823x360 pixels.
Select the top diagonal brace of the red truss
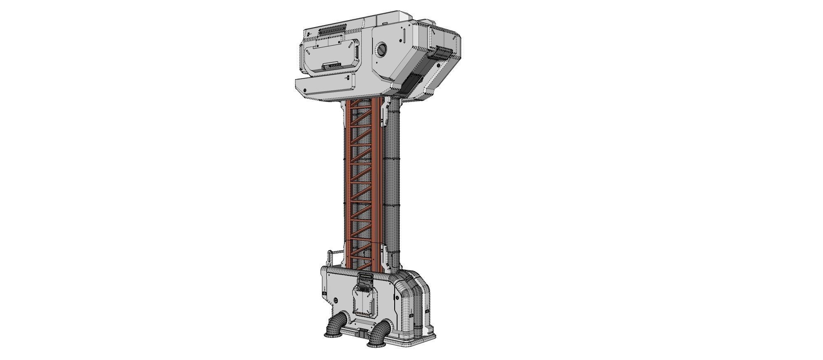[361, 107]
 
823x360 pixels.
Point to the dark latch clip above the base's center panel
[365, 280]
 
